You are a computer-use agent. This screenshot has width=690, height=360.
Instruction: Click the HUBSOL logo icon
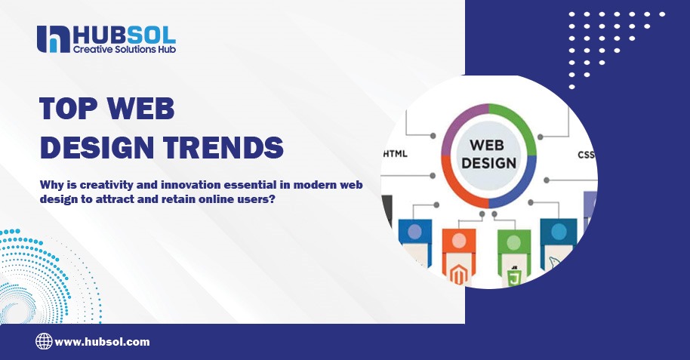coord(54,38)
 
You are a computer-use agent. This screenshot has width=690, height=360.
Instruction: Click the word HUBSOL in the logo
coord(125,34)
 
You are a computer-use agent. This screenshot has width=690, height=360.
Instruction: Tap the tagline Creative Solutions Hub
coord(125,49)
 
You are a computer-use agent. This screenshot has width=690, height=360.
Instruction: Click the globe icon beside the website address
coord(44,341)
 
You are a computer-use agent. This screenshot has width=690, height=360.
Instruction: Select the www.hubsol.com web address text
coord(102,342)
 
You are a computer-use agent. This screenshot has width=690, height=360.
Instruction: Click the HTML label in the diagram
coord(396,153)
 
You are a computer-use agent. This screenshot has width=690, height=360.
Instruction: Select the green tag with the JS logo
coord(514,260)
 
